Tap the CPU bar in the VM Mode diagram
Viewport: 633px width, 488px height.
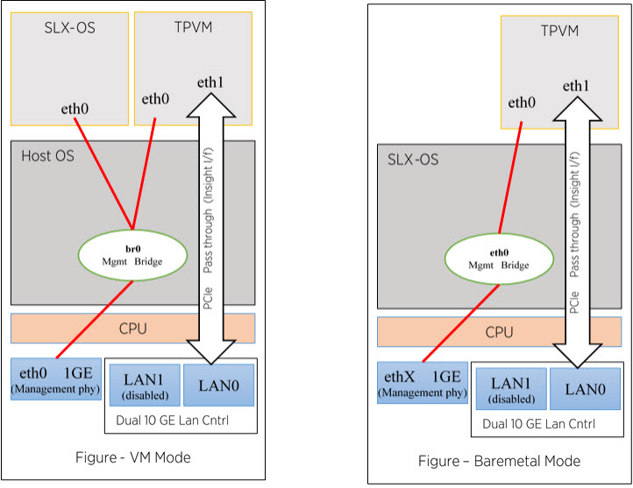[132, 329]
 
